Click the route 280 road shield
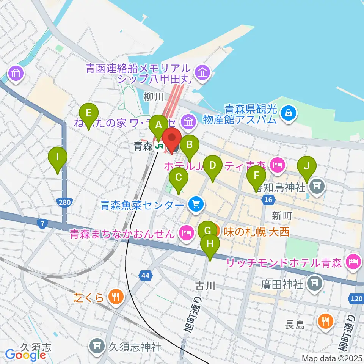64,203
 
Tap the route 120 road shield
356,299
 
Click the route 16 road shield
268,200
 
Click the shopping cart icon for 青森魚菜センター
196,205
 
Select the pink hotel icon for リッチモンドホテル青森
354,262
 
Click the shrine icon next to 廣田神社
314,282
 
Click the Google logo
25,355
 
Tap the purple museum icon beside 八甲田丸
202,72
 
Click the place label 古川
206,286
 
